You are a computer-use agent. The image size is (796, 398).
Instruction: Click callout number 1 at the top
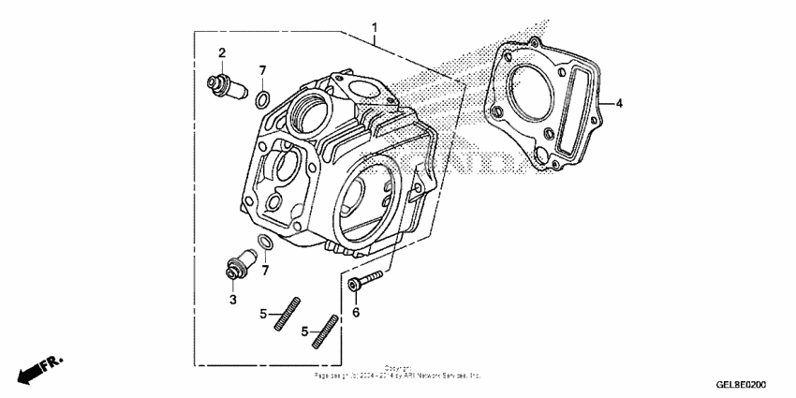point(376,26)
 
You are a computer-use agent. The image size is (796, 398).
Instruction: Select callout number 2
point(223,52)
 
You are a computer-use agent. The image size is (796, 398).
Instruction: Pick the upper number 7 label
point(263,70)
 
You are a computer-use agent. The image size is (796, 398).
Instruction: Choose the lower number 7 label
point(265,270)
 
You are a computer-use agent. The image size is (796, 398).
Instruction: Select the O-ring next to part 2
point(264,98)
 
